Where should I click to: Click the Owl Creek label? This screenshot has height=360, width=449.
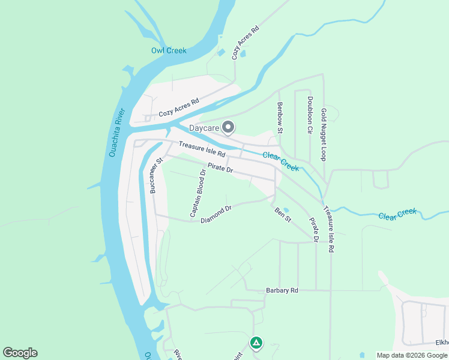tap(169, 50)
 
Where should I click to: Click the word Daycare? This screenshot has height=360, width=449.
tap(204, 128)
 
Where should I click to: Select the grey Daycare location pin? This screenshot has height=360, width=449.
tap(228, 127)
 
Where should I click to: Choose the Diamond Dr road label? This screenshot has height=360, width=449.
tap(216, 214)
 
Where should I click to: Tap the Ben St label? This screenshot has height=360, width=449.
tap(283, 214)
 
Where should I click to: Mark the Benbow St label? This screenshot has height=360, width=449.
tap(280, 118)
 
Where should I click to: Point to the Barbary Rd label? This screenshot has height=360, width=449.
tap(282, 290)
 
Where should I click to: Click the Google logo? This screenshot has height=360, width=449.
tap(20, 353)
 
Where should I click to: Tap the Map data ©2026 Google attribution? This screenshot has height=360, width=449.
tap(412, 355)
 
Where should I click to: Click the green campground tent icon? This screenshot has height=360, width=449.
tap(256, 343)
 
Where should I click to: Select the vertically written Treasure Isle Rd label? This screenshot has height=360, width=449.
tap(328, 229)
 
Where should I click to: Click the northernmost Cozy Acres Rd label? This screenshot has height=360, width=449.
tap(246, 42)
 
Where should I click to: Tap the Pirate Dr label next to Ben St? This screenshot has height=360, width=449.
tap(313, 229)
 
